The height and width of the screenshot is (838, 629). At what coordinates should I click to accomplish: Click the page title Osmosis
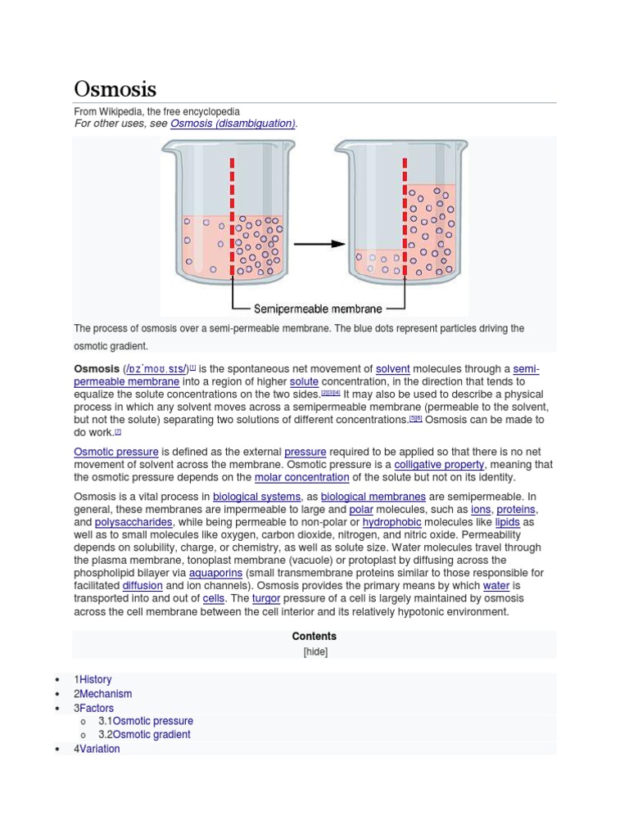(x=115, y=88)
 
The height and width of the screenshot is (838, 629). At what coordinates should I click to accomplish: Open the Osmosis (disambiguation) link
(x=233, y=124)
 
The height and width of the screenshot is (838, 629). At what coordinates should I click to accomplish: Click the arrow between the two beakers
(x=319, y=243)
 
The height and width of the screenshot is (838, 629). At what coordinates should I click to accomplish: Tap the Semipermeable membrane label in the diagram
(x=318, y=309)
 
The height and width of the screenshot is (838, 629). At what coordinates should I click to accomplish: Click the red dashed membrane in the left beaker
(x=233, y=217)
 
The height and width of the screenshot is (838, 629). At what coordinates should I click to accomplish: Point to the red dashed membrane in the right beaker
(x=404, y=217)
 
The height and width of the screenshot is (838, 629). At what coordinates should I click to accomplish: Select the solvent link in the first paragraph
(x=392, y=369)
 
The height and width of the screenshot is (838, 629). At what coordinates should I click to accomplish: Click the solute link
(x=304, y=382)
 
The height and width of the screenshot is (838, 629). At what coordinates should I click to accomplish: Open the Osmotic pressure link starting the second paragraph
(x=115, y=452)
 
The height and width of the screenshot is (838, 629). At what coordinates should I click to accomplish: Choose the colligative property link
(x=439, y=465)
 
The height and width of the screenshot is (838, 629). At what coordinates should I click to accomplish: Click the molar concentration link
(x=301, y=477)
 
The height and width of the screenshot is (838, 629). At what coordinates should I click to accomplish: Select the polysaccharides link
(x=133, y=522)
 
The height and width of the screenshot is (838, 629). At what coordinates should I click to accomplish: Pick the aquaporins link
(x=216, y=573)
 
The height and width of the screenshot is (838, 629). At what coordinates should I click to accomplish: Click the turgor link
(x=266, y=599)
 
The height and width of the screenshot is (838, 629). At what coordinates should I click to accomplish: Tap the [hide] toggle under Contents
(x=314, y=652)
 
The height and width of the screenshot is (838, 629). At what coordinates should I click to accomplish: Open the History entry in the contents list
(x=96, y=680)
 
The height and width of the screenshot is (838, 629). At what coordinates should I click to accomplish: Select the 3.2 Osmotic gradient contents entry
(x=152, y=735)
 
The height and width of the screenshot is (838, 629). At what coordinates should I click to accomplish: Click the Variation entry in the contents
(x=100, y=749)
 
